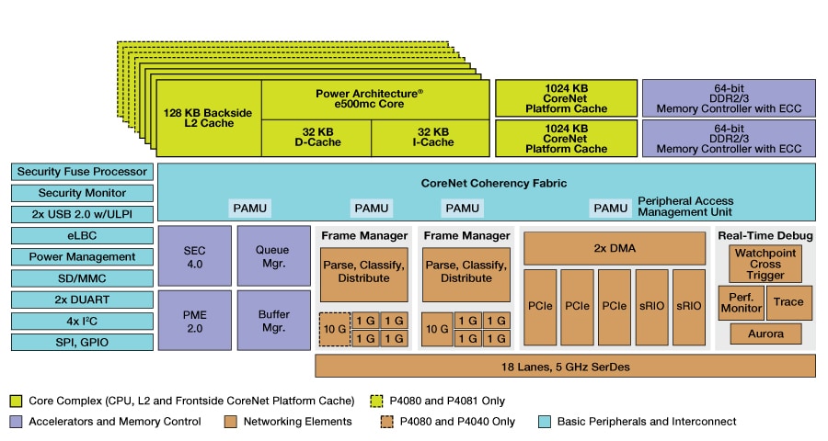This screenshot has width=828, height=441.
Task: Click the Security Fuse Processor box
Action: tap(82, 172)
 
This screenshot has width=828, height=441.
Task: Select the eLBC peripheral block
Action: tap(82, 235)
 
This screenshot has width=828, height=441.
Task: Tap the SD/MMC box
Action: tap(82, 278)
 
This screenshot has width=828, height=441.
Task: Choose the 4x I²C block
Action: tap(82, 321)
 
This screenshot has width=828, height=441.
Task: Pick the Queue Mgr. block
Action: tap(272, 255)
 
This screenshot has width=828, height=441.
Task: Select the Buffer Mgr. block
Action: tap(272, 320)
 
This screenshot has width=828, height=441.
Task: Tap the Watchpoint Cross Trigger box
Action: tap(765, 264)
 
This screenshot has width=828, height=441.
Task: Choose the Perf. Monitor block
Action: tap(740, 302)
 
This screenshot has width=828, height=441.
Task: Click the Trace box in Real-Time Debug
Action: tap(788, 302)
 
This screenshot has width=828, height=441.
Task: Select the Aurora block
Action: tap(765, 334)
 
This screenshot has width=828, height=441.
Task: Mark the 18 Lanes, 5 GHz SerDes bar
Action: tap(565, 366)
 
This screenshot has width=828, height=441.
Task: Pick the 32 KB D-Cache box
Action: tap(316, 138)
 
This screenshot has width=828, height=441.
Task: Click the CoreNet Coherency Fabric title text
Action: tap(488, 184)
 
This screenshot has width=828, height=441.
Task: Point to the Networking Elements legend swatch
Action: tap(230, 422)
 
